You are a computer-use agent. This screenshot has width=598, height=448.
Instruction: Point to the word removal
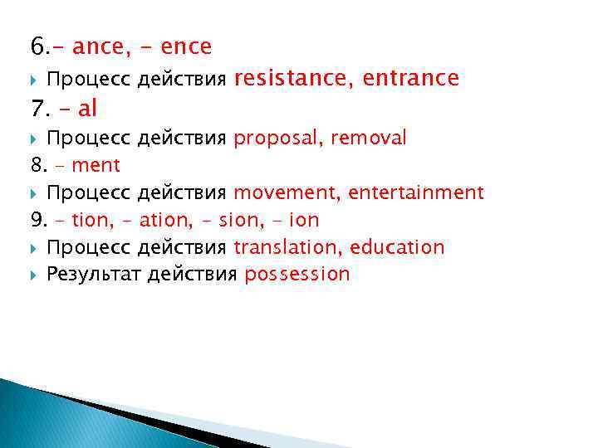369,138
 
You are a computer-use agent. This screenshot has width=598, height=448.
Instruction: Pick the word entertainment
416,193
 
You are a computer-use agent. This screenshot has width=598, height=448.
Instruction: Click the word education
397,247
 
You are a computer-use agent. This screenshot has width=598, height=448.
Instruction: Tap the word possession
297,275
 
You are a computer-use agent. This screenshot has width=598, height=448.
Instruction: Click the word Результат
93,275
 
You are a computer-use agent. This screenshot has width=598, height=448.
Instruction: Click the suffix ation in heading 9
165,221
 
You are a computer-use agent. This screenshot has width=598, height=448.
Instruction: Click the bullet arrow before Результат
34,275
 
